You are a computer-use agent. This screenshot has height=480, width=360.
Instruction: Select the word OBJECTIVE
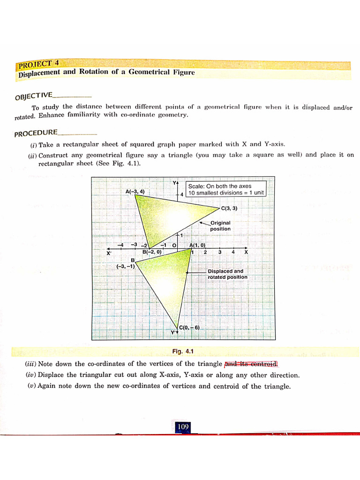click(33, 97)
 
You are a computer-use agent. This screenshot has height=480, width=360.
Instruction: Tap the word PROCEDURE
click(36, 134)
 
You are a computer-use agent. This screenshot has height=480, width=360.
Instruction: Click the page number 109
click(183, 427)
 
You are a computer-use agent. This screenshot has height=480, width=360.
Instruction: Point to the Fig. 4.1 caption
click(183, 351)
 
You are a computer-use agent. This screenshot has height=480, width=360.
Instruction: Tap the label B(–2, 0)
click(152, 252)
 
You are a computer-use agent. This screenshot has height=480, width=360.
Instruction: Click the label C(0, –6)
click(190, 327)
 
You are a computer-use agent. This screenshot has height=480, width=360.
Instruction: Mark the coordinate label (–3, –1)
click(126, 266)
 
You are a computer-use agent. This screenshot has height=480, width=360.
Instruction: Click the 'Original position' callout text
click(220, 225)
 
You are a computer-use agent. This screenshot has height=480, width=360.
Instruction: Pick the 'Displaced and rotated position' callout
click(227, 274)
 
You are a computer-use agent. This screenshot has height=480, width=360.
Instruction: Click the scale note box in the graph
click(226, 189)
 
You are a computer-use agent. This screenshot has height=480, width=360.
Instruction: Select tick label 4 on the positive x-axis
click(233, 252)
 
